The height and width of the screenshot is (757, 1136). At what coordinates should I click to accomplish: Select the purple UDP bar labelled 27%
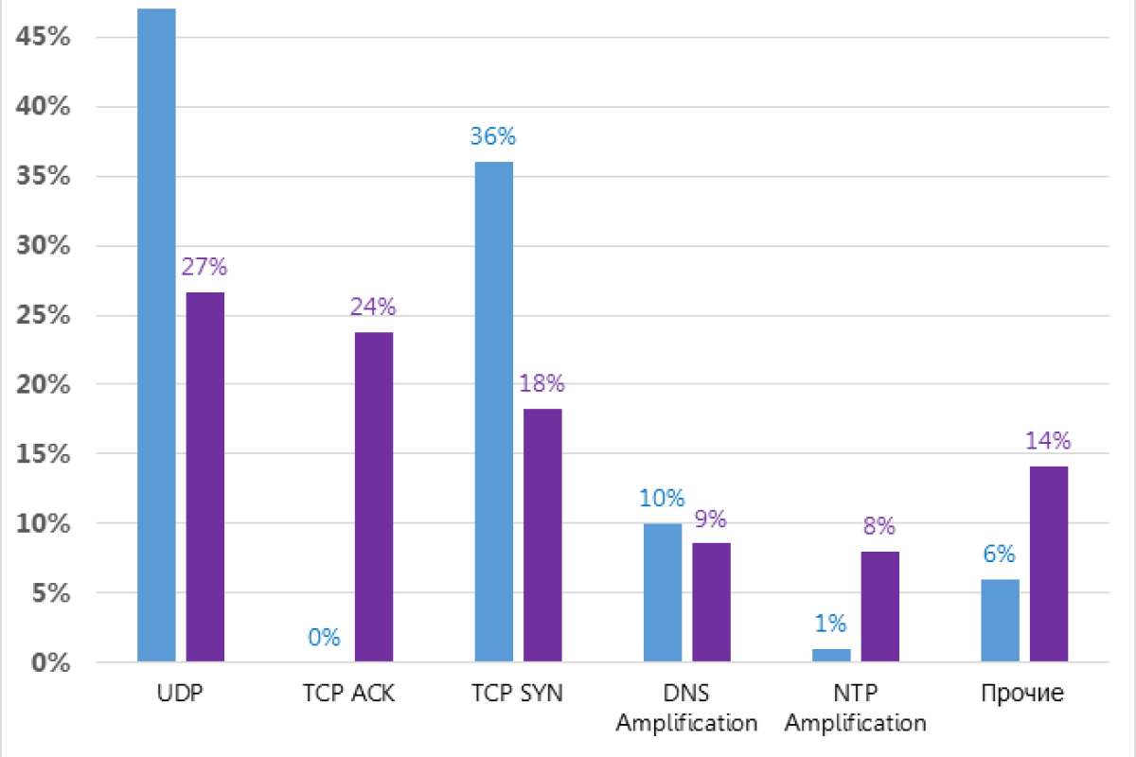point(204,477)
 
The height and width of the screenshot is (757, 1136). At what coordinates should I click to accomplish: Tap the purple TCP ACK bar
point(374,497)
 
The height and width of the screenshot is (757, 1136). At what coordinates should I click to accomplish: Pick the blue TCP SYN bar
point(493,412)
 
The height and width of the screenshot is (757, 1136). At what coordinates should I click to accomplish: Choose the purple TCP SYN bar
point(542,535)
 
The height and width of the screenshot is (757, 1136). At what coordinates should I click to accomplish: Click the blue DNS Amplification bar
point(663,592)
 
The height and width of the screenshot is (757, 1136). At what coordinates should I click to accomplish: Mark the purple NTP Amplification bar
point(879,607)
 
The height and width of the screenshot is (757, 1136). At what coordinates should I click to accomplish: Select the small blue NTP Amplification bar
point(831,655)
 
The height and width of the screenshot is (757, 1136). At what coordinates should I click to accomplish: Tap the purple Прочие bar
point(1049,564)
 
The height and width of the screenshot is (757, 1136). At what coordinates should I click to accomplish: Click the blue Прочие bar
point(1001,620)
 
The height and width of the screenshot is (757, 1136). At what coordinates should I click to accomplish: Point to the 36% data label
point(493,136)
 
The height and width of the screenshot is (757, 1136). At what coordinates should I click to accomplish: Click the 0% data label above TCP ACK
point(324,637)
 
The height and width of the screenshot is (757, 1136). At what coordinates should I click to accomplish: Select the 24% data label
point(373,307)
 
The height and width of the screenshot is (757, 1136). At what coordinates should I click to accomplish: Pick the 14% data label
point(1048,441)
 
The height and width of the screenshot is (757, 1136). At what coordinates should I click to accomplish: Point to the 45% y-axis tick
point(44,37)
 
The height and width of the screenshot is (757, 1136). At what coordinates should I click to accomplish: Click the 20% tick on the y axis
point(44,384)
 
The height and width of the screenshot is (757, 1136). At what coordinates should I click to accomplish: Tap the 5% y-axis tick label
point(48,593)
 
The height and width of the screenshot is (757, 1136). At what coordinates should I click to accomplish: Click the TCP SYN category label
point(517,694)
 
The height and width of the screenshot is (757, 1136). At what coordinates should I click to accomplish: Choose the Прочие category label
point(1022,694)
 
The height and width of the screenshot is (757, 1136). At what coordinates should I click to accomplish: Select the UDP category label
point(180,694)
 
